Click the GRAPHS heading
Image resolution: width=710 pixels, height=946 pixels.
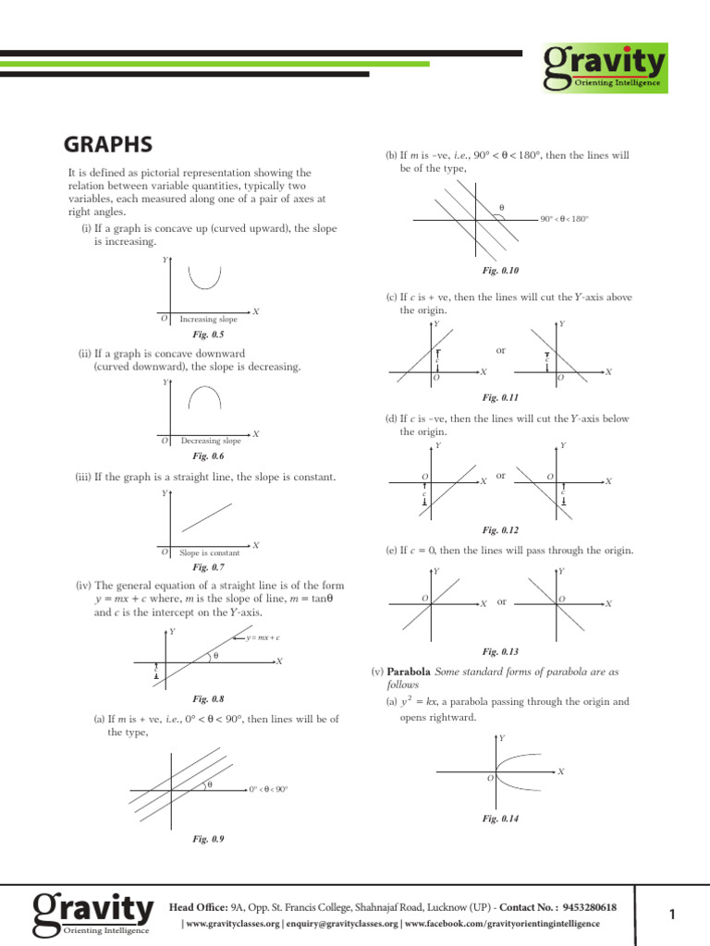click(x=108, y=145)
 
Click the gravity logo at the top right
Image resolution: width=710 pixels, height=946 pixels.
click(x=605, y=67)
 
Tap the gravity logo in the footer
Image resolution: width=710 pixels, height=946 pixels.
click(x=92, y=914)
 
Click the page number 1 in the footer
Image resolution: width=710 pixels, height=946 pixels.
click(x=672, y=915)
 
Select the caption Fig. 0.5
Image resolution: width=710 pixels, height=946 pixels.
click(x=208, y=334)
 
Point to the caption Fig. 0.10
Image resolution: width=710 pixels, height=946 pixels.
click(x=501, y=271)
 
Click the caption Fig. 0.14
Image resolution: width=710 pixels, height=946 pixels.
click(x=501, y=819)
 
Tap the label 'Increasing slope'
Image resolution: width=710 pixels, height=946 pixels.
click(x=208, y=320)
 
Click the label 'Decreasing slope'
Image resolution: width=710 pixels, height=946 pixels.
click(x=211, y=442)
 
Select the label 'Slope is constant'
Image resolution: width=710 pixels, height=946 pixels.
click(x=209, y=553)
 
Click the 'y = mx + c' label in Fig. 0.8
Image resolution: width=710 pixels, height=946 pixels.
click(x=263, y=638)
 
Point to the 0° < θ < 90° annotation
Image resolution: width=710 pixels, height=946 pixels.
click(x=268, y=790)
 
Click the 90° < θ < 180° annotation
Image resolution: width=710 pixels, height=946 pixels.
click(x=566, y=219)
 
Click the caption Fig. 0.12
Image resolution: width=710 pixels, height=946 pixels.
click(x=501, y=530)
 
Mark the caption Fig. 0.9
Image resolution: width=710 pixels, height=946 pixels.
click(x=208, y=839)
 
